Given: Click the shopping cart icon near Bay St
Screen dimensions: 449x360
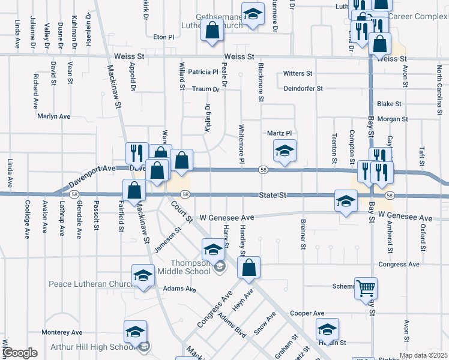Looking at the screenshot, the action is (x=366, y=288).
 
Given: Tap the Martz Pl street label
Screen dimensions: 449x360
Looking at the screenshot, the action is (x=279, y=133).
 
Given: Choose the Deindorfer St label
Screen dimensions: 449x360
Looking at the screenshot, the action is (x=303, y=88).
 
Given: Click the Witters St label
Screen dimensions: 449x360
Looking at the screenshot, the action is (x=298, y=73).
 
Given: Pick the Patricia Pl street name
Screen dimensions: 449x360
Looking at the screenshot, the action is (x=203, y=72).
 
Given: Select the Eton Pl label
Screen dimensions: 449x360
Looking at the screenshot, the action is (x=163, y=37).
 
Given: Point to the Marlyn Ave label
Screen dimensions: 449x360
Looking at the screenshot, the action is (x=55, y=116).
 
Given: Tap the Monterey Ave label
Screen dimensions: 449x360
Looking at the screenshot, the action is (x=62, y=332).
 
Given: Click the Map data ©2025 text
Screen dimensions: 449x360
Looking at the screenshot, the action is (x=423, y=355).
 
